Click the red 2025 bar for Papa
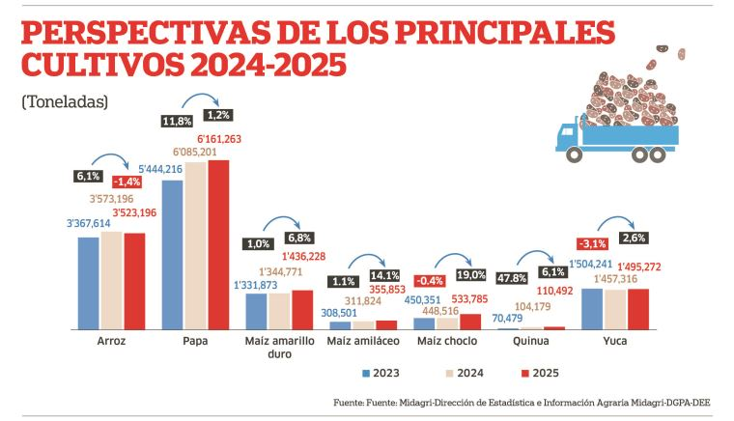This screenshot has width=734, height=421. click(x=219, y=244)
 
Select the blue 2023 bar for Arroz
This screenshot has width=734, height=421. click(x=89, y=283)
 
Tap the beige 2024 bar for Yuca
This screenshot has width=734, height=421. click(x=614, y=309)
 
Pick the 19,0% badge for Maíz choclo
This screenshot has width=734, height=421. click(x=472, y=275)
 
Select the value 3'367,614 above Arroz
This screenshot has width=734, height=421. click(x=90, y=224)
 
